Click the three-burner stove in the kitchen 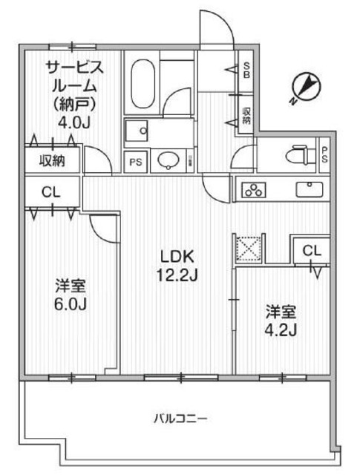[x=254, y=190]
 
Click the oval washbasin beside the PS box [x=167, y=160]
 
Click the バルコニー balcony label [x=180, y=419]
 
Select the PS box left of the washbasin [x=134, y=160]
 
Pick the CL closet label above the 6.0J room [x=51, y=191]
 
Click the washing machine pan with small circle [x=138, y=131]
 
